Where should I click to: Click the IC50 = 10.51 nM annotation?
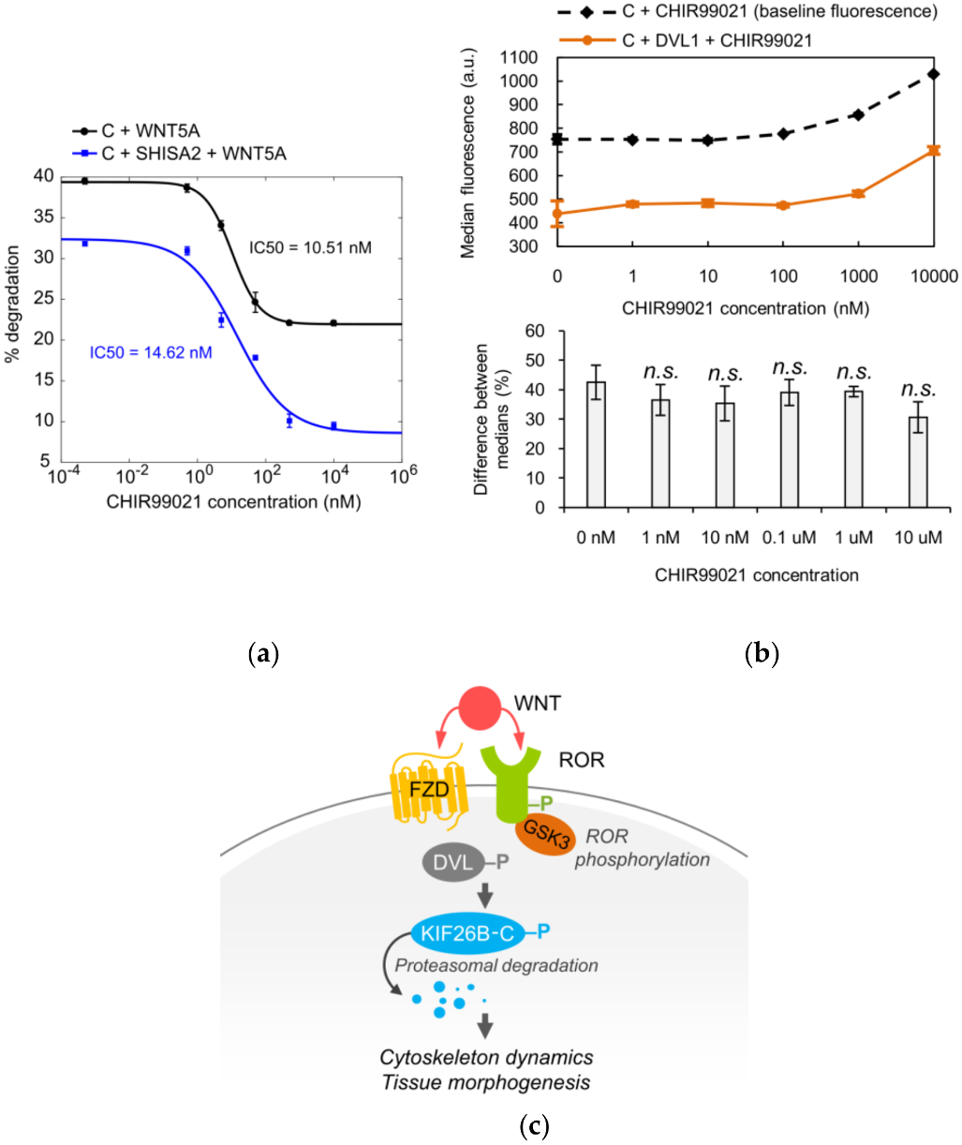click(x=310, y=248)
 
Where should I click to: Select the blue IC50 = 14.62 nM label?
click(x=151, y=352)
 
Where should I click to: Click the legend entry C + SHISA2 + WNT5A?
click(x=193, y=154)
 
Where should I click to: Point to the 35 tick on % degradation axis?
click(x=43, y=216)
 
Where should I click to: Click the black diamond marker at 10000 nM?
click(x=932, y=73)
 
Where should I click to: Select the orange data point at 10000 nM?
click(x=932, y=150)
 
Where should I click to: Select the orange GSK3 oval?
click(x=546, y=831)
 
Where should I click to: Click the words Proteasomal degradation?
click(x=496, y=965)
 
